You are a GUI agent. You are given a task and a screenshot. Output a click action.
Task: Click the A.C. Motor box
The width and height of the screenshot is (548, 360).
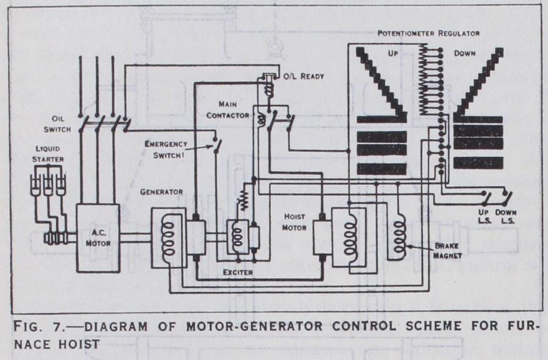click(x=97, y=237)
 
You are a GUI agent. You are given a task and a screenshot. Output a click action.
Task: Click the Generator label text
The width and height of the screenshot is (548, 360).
click(x=162, y=191)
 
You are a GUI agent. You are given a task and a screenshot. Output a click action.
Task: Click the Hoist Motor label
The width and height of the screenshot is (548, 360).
click(x=300, y=221)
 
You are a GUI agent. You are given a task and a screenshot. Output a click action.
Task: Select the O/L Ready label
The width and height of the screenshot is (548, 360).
click(x=303, y=77)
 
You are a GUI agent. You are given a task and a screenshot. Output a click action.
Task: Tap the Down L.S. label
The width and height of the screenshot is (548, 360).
click(x=507, y=215)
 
